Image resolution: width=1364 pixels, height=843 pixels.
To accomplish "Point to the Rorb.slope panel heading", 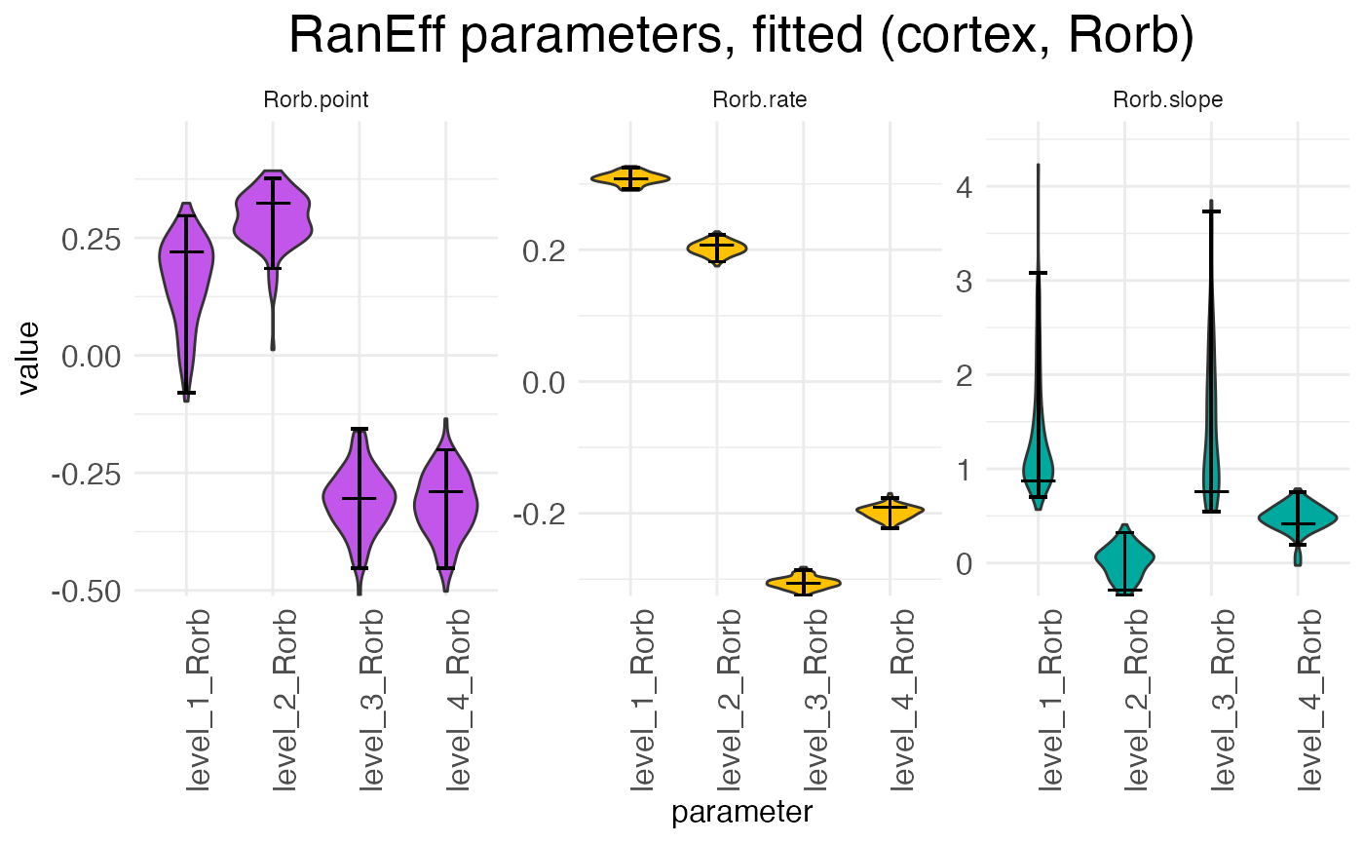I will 1167,100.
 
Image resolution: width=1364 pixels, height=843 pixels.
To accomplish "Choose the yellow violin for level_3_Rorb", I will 803,583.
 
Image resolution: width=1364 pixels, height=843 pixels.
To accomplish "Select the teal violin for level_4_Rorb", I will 1297,517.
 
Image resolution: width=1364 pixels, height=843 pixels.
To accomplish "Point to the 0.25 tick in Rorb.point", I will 93,239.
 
